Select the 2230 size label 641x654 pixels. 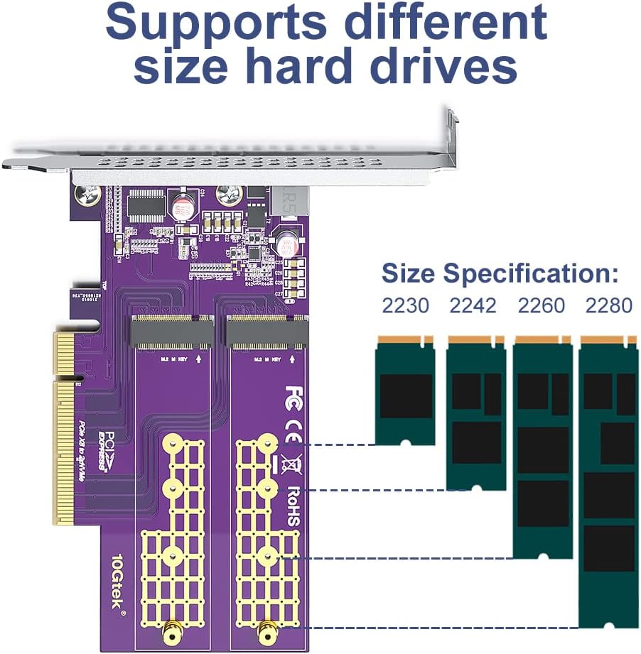point(405,306)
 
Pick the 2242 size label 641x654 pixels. point(473,306)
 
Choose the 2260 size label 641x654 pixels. point(541,306)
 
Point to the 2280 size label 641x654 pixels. point(608,306)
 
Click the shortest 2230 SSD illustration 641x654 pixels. point(405,391)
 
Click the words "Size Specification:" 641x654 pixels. point(500,273)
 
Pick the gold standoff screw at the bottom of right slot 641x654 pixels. point(268,628)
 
